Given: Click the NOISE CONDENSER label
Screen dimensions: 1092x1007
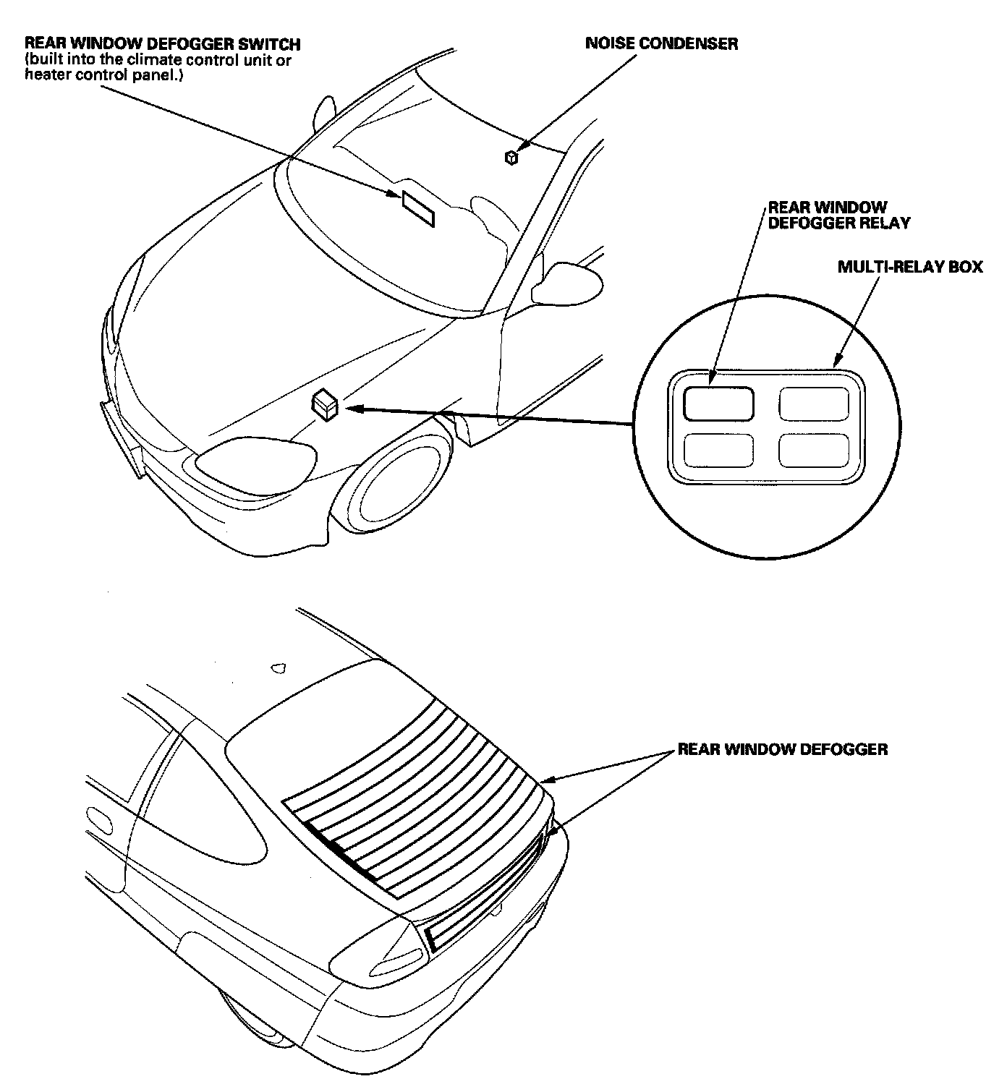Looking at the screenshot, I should pos(661,44).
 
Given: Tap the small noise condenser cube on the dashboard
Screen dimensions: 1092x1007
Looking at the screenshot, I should pos(511,157).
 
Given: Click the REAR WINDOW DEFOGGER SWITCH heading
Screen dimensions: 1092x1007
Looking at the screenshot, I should pos(162,45).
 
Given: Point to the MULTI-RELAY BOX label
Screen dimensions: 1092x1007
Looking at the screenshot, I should pos(910,267).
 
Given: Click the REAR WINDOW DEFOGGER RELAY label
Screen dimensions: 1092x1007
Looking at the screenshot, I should pos(838,216).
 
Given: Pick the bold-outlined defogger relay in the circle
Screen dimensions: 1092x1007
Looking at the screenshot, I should pos(718,404).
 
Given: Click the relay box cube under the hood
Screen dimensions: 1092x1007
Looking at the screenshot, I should pos(325,405).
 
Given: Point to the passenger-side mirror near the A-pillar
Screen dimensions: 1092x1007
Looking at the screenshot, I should pos(568,283).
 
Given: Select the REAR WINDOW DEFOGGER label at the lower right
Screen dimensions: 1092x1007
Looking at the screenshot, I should pos(782,749).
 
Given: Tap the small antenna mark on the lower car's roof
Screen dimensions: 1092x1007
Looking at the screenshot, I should pos(279,668).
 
